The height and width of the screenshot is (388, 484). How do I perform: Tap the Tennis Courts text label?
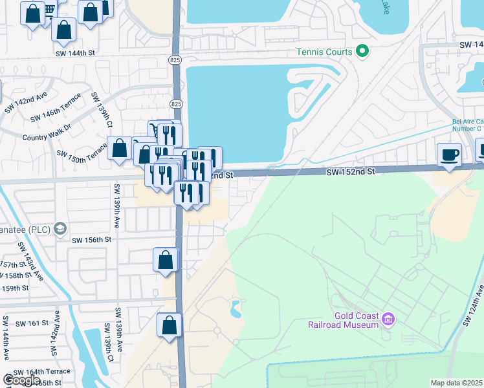point(324,52)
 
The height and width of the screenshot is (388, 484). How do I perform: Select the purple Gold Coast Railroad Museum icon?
point(388,319)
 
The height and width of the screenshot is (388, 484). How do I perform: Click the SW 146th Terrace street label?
point(56,108)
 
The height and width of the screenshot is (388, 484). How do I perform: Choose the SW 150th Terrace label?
point(82,154)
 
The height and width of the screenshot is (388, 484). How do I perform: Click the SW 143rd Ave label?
point(31,261)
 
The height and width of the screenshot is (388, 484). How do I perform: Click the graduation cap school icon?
point(60,228)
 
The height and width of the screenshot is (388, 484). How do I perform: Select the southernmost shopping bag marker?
point(170,325)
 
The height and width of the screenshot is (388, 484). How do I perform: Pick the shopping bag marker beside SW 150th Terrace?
point(120,148)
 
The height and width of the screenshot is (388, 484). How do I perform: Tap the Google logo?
point(22,380)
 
